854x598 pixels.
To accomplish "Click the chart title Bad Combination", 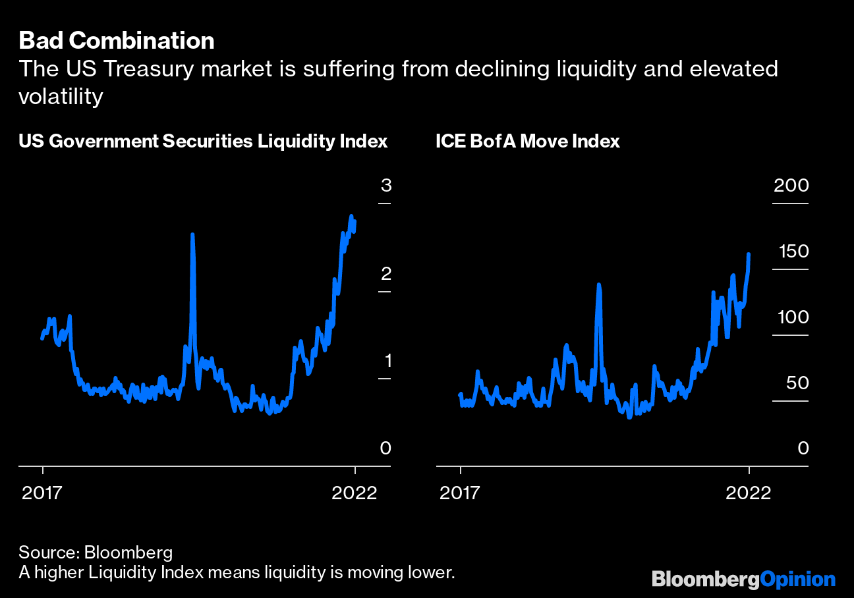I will point(117,41).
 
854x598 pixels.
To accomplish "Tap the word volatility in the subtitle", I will point(61,97).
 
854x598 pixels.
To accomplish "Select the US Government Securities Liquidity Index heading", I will point(203,142).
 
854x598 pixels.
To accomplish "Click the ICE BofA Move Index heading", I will point(528,142).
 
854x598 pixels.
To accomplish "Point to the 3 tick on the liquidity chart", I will point(385,186).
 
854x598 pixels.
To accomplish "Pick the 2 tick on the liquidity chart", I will point(385,273).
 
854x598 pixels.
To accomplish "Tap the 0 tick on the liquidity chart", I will point(385,448).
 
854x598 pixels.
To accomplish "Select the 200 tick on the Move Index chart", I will point(791,186).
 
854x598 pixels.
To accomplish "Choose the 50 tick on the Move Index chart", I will point(795,383).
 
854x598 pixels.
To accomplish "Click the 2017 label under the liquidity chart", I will point(43,493).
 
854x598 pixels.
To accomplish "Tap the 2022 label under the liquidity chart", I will point(355,493).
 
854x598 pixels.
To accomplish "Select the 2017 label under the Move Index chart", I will point(460,493).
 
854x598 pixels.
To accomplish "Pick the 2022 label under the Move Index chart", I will point(749,493).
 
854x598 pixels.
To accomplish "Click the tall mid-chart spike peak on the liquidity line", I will point(192,234).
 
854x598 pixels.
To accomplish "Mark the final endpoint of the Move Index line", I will point(749,254).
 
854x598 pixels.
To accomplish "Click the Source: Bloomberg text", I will point(96,552).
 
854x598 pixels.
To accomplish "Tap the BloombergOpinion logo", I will point(743,580).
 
